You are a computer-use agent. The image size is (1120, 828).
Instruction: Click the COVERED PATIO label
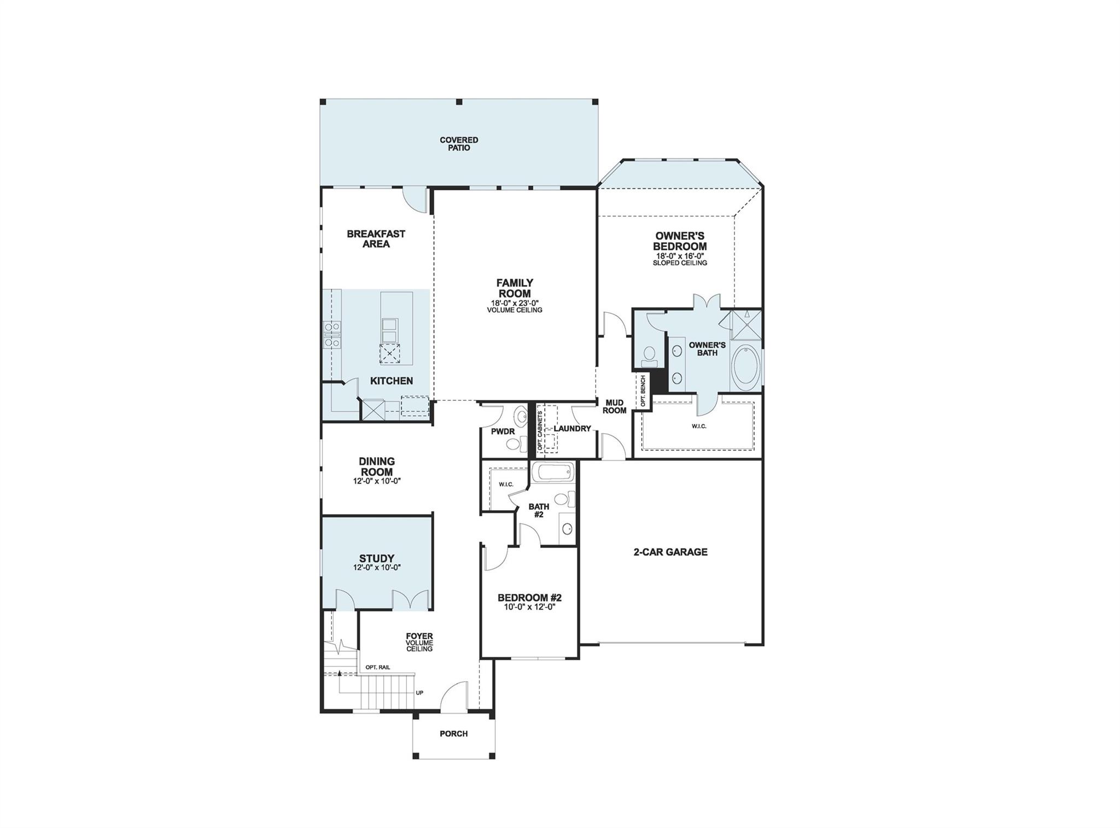[x=459, y=144]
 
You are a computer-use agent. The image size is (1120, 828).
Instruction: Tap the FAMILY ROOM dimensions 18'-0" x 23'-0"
[x=515, y=303]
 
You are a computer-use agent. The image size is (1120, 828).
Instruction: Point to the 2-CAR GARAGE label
[x=670, y=552]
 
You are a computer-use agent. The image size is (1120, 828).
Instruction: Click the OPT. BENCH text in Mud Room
[x=643, y=390]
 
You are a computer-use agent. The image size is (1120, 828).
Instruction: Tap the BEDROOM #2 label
[x=529, y=598]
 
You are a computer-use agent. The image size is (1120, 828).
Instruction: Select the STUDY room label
[x=376, y=558]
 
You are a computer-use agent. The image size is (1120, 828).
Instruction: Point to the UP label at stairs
[x=419, y=693]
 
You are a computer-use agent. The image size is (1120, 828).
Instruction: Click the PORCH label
[x=453, y=733]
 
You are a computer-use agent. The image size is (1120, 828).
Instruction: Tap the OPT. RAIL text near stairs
[x=378, y=667]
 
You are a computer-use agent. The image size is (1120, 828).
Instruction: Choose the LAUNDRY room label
[x=572, y=428]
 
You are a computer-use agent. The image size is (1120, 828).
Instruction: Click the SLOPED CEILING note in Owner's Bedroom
[x=680, y=263]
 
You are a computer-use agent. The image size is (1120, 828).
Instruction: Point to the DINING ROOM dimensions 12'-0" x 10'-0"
[x=376, y=481]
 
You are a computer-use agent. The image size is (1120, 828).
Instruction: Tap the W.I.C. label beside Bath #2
[x=505, y=485]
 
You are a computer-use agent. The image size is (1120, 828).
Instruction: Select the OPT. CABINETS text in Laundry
[x=540, y=431]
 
